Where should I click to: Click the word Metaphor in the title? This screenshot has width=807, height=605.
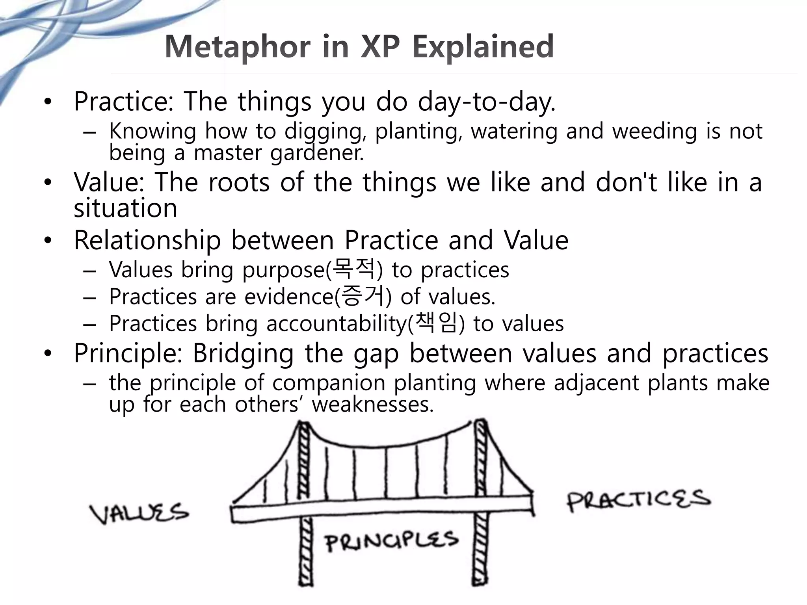tap(238, 47)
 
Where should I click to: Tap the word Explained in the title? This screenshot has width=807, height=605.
tap(483, 47)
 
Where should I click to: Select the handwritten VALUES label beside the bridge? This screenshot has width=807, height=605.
tap(139, 513)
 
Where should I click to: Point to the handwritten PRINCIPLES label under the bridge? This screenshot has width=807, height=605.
tap(392, 541)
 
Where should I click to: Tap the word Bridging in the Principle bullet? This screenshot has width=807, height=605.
tap(243, 353)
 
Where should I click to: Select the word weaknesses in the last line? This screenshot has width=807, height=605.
tap(372, 405)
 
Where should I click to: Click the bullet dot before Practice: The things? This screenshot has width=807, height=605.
tap(48, 102)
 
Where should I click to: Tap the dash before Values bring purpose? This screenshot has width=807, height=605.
tap(90, 271)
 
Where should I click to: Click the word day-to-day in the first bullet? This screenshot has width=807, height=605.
tap(486, 102)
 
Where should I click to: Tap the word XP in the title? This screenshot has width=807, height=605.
tap(380, 47)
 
